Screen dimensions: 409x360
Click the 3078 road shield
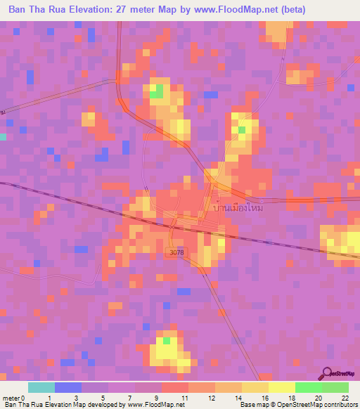pos(177,252)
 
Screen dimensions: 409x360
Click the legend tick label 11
pos(184,398)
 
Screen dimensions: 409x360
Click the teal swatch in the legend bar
pos(41,387)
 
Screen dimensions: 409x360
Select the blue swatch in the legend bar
pos(67,387)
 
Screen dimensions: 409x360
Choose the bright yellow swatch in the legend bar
pos(281,387)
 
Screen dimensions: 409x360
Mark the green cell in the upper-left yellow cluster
pos(157,91)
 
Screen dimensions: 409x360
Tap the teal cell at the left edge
pos(3,136)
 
